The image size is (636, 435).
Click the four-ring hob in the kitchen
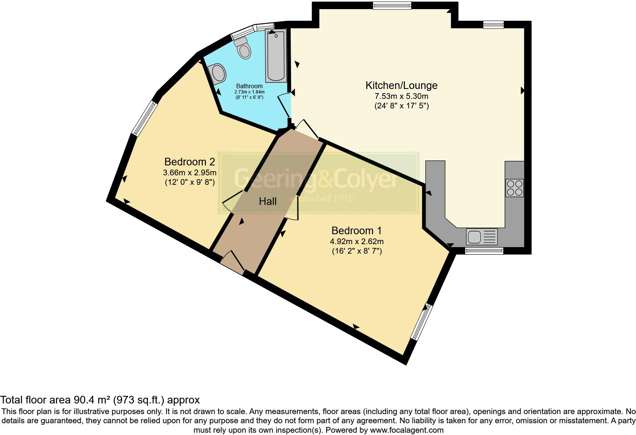514,188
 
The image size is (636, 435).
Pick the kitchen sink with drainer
482,237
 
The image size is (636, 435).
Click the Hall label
267,202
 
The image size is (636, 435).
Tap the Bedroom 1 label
356,230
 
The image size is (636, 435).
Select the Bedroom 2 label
189,162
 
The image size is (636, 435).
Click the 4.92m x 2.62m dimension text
356,241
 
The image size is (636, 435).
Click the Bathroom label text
249,86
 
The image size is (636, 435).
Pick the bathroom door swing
285,105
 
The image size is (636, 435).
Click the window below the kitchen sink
484,251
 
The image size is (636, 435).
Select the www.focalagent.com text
407,430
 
